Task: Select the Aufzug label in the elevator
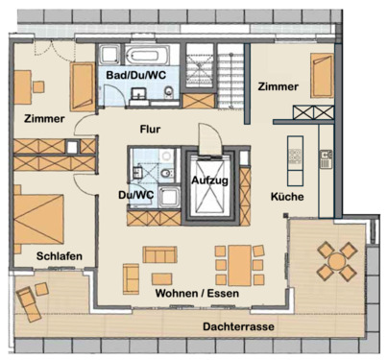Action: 209,180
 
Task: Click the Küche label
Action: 288,196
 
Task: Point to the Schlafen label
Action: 60,255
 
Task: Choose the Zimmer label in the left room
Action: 44,119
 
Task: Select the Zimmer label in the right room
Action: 279,87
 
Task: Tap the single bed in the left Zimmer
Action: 83,87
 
